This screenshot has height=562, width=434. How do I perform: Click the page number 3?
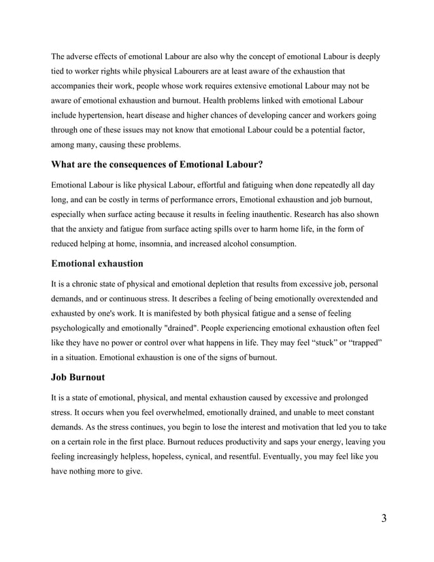click(384, 519)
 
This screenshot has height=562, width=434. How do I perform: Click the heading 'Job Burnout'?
click(78, 377)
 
